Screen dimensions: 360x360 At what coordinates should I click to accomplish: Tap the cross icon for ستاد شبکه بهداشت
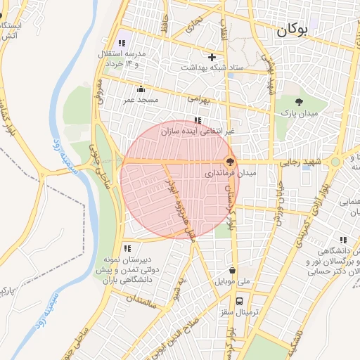[x=212, y=57]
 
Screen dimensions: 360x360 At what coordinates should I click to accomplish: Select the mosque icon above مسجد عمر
[x=141, y=89]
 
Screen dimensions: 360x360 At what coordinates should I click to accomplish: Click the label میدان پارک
[x=300, y=112]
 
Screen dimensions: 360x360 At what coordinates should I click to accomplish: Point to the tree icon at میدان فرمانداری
[x=231, y=161]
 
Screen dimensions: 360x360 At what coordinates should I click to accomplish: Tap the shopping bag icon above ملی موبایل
[x=233, y=270]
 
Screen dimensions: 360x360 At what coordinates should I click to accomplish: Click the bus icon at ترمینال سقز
[x=240, y=300]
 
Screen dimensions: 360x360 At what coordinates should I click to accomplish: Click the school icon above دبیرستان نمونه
[x=127, y=247]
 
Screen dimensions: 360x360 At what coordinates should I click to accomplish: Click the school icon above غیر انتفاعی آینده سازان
[x=198, y=120]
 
